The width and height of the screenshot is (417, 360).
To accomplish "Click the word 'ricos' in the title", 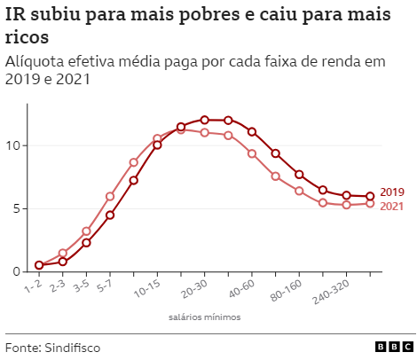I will [27, 40].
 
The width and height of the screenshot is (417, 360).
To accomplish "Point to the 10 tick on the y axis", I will [12, 145].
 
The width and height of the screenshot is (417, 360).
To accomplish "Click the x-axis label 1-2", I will [33, 286].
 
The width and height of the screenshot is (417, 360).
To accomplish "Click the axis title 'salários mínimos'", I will [203, 317].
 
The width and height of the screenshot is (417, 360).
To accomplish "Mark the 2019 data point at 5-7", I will [110, 215].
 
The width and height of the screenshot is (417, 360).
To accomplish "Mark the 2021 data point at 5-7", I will [110, 196].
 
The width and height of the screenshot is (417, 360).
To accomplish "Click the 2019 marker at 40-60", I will [252, 132].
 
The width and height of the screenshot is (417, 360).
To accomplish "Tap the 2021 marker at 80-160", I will [299, 191].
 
